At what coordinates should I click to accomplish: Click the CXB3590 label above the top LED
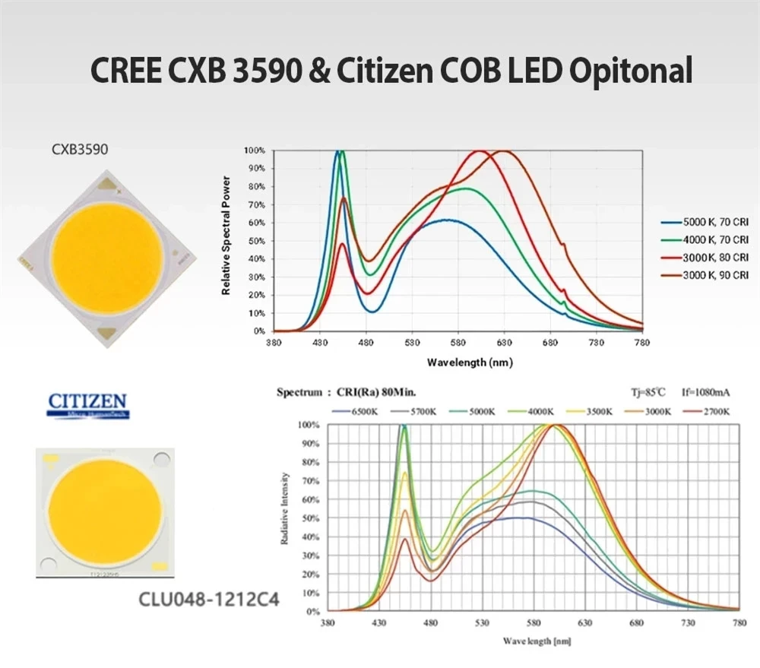(x=79, y=150)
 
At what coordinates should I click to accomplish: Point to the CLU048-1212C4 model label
(x=209, y=599)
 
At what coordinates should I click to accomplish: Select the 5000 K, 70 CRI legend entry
(x=706, y=223)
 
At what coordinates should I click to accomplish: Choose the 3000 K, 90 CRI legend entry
(x=706, y=274)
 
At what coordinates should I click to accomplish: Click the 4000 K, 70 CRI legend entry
(x=706, y=240)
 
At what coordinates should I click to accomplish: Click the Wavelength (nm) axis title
(x=469, y=362)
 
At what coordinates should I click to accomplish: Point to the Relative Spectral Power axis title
(x=226, y=236)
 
